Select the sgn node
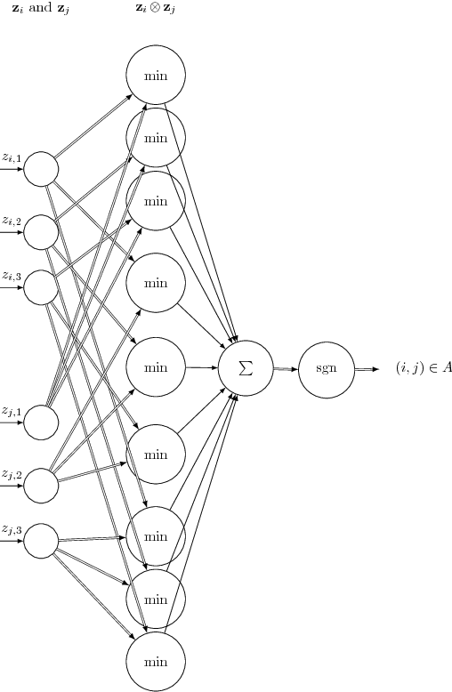[327, 367]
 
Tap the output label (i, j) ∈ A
[424, 367]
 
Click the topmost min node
[156, 76]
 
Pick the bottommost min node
[156, 661]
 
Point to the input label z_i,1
[12, 158]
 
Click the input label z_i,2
[12, 221]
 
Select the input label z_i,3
[12, 277]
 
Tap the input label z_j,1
[12, 412]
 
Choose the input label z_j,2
[12, 474]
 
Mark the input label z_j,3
[12, 530]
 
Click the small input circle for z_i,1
[41, 169]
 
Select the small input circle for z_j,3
[41, 541]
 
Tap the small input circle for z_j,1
[41, 422]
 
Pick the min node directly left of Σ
[156, 367]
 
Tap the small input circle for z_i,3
[41, 287]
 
